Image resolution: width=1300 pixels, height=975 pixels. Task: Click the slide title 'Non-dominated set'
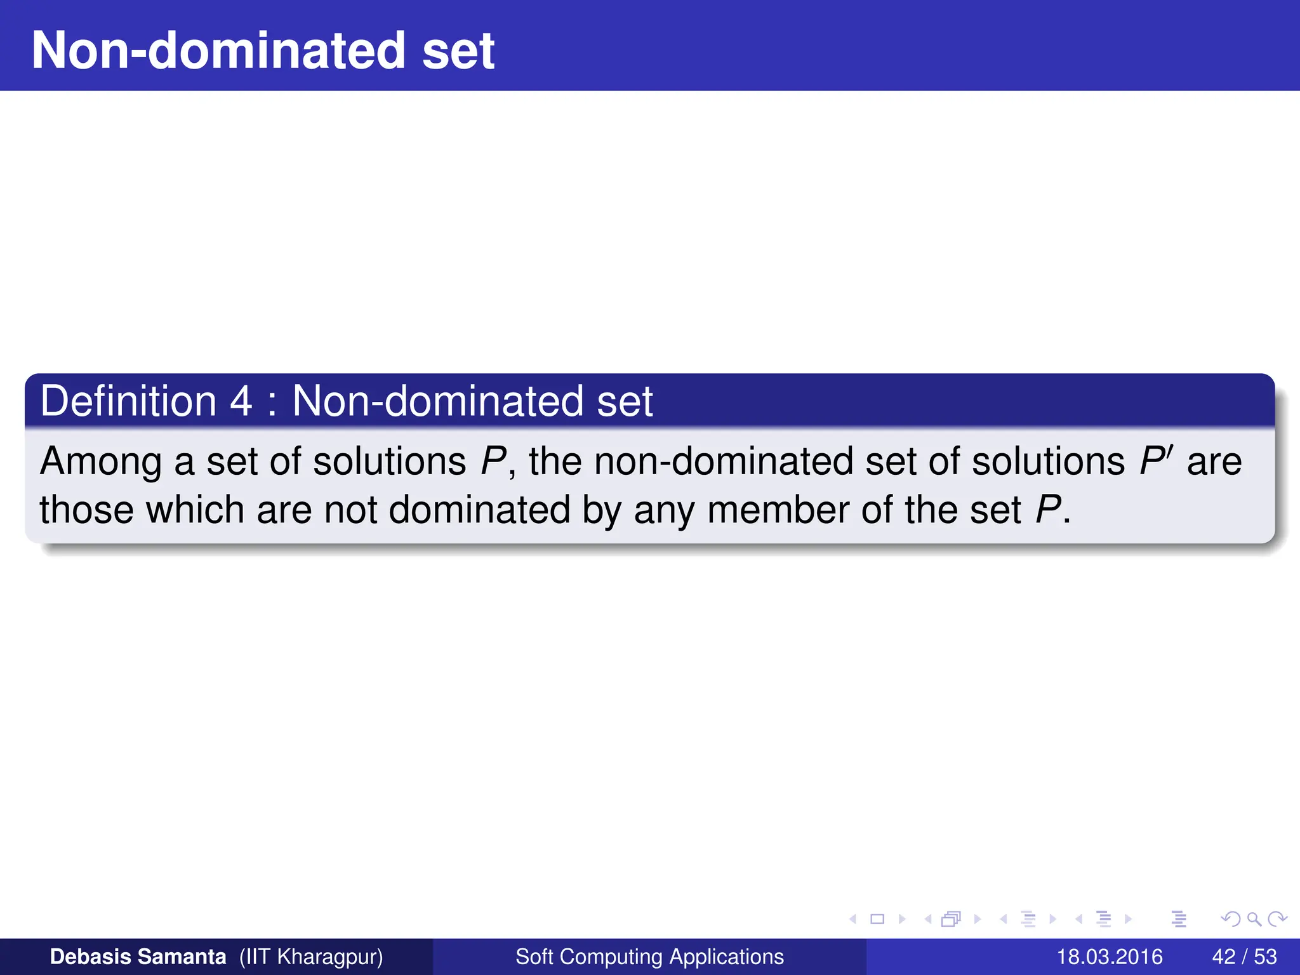tap(263, 51)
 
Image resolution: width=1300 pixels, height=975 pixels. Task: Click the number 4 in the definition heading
tap(241, 402)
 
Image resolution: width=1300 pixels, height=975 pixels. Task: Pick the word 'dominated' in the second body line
tap(479, 510)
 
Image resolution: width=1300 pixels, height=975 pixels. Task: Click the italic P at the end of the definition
tap(1047, 510)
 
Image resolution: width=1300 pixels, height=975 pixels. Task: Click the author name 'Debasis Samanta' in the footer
tap(138, 957)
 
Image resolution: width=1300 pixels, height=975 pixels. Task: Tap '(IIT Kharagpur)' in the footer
tap(311, 957)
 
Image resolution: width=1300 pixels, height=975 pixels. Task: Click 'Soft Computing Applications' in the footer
tap(649, 957)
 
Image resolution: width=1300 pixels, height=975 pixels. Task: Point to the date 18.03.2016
tap(1109, 957)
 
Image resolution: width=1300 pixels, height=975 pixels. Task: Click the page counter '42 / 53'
tap(1244, 957)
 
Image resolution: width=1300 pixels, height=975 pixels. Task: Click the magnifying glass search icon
tap(1254, 919)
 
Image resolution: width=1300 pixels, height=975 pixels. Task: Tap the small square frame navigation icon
tap(877, 919)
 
